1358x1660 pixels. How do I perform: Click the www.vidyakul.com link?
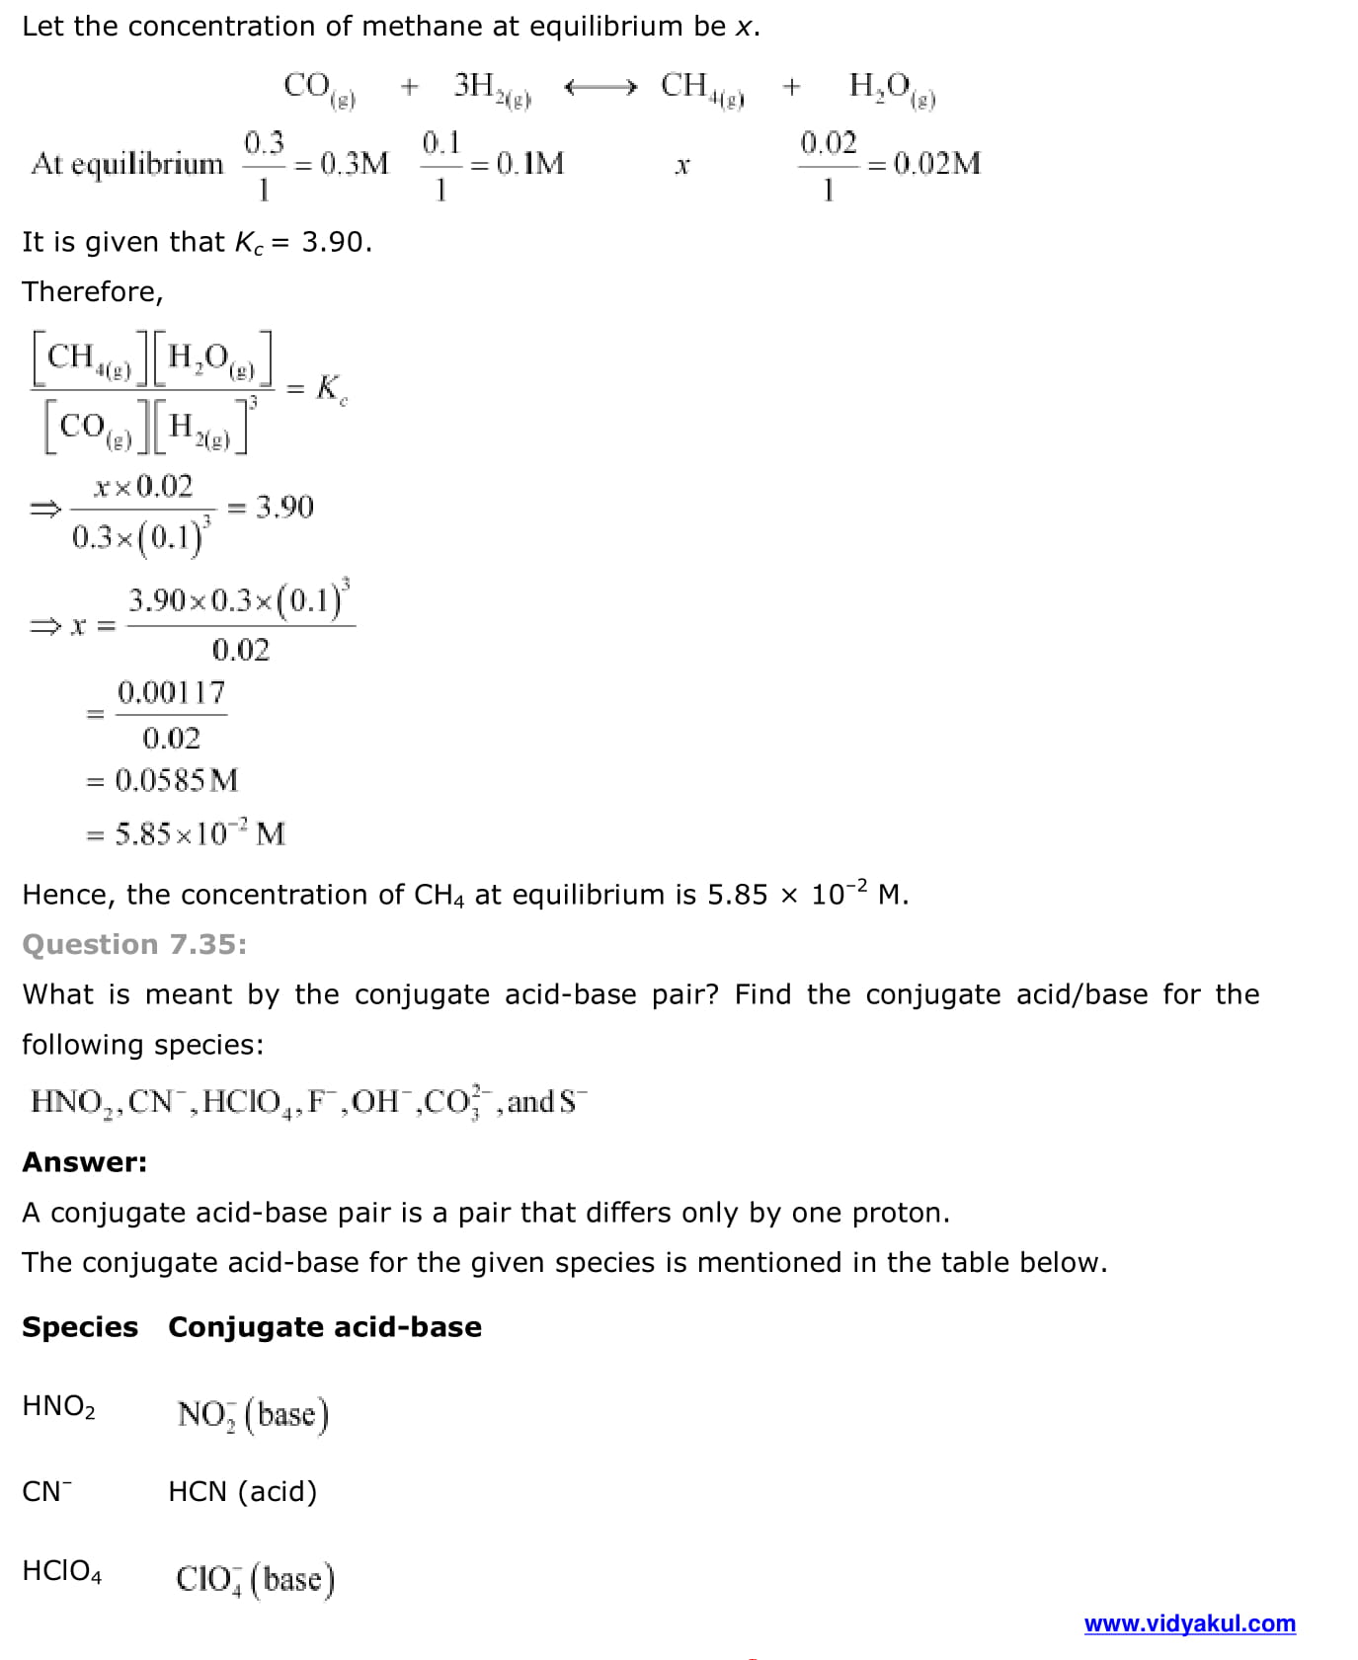point(1189,1623)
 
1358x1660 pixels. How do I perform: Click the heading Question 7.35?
point(134,945)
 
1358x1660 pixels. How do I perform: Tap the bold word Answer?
point(84,1162)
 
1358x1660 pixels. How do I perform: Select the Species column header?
point(80,1327)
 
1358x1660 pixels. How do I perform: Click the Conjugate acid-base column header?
point(325,1327)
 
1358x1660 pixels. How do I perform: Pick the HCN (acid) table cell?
point(243,1491)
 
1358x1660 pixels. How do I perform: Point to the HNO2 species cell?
point(59,1406)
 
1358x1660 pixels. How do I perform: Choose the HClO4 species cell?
point(62,1571)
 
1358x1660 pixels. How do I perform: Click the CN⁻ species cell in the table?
point(47,1491)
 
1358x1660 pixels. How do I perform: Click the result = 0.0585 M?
point(163,781)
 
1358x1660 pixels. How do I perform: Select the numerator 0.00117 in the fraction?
point(171,693)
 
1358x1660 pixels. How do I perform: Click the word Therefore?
point(92,292)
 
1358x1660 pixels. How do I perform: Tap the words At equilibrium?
point(127,163)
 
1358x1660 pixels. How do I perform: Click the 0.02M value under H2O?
point(936,163)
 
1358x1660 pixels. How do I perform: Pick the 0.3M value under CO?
point(355,163)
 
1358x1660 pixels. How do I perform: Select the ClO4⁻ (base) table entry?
point(255,1578)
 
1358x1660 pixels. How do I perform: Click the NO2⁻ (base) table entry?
point(253,1414)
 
